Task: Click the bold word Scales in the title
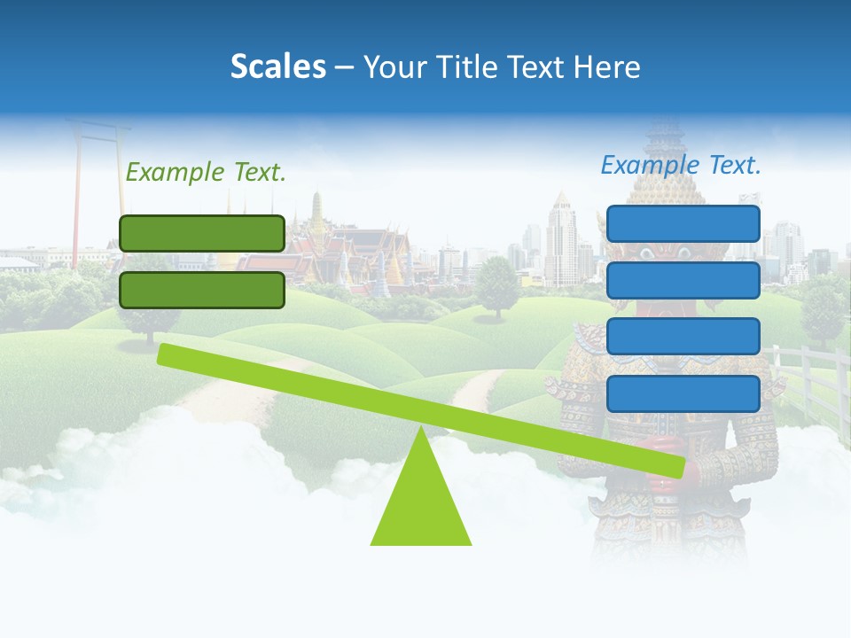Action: [277, 66]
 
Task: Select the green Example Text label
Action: [206, 173]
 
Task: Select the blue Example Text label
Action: [681, 165]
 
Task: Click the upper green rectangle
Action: [202, 233]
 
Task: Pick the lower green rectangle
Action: [202, 290]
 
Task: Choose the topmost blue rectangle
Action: [683, 223]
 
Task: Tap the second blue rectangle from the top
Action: [683, 280]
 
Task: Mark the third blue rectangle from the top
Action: [683, 337]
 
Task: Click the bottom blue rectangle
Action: [683, 393]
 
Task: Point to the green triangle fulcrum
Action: [420, 505]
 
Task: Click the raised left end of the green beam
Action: [167, 354]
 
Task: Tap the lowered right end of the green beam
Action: [675, 466]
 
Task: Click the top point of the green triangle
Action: [420, 429]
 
